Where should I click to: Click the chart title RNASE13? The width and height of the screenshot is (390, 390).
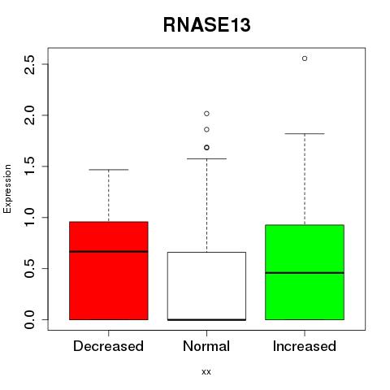[x=206, y=25]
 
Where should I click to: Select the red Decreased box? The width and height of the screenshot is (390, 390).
[x=109, y=271]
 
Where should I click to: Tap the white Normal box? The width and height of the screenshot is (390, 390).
[x=206, y=286]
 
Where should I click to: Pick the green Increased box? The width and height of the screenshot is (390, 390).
[x=305, y=272]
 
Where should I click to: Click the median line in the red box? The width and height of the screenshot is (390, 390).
[x=109, y=252]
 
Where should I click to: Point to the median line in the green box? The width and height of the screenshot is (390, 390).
[x=305, y=273]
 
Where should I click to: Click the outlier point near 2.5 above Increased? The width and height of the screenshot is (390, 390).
[x=305, y=58]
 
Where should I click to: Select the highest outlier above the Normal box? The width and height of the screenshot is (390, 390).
[x=206, y=114]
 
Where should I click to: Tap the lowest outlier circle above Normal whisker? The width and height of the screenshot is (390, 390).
[x=206, y=148]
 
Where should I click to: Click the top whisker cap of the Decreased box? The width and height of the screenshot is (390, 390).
[x=109, y=170]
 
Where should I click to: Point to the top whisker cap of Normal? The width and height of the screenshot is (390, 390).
[x=206, y=158]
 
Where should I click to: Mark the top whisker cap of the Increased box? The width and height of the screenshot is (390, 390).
[x=305, y=134]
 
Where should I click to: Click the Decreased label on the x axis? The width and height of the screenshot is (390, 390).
[x=108, y=346]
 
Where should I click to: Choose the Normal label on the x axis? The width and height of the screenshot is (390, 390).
[x=206, y=346]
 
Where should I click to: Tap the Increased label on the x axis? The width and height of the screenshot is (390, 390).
[x=305, y=346]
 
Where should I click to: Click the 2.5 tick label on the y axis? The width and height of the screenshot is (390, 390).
[x=29, y=64]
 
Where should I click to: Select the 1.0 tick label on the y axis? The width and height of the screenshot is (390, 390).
[x=29, y=218]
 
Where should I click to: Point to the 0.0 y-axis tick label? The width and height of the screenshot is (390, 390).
[x=29, y=319]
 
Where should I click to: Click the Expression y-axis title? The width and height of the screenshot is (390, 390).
[x=7, y=188]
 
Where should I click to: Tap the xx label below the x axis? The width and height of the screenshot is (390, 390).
[x=206, y=372]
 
